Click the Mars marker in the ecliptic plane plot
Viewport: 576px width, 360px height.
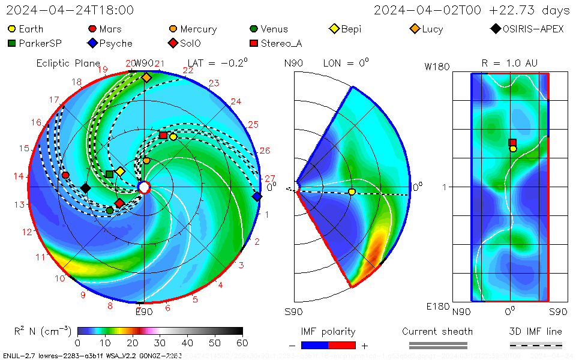[65, 175]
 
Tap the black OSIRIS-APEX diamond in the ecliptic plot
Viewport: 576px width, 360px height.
[85, 188]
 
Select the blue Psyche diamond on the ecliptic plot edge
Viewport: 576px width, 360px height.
[257, 196]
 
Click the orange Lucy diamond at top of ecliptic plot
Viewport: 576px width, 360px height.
[146, 77]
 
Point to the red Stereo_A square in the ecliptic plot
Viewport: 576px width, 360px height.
[163, 135]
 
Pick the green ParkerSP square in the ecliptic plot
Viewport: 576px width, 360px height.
[109, 174]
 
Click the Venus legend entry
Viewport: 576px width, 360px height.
[269, 29]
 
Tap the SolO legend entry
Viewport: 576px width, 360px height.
[186, 43]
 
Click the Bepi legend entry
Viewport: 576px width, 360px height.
[346, 29]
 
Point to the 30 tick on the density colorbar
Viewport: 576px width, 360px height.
[160, 343]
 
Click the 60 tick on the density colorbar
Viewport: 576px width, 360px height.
[242, 343]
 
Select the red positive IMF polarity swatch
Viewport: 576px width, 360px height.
[342, 345]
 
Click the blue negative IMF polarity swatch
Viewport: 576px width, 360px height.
[314, 345]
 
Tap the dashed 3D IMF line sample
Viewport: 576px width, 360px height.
[536, 345]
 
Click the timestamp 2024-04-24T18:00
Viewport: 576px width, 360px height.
[70, 10]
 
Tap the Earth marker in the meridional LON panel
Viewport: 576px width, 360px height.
[352, 191]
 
